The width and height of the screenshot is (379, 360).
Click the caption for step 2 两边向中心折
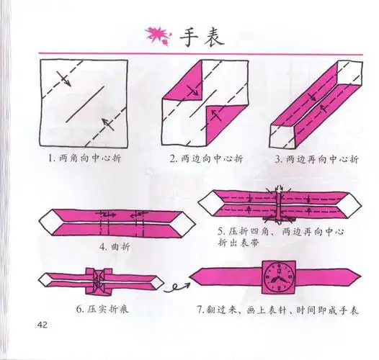click(201, 158)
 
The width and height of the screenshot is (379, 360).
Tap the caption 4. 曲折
click(109, 244)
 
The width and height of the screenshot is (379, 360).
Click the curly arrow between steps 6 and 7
click(173, 289)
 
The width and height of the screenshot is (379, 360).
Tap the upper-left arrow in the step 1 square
click(63, 76)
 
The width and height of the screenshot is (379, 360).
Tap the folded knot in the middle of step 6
click(97, 279)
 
